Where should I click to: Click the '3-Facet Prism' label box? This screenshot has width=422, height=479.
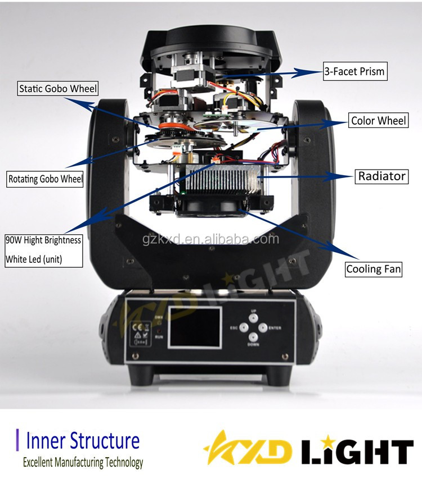point(354,71)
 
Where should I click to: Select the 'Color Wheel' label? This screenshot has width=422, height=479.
point(378,121)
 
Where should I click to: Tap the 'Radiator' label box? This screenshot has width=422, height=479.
point(382,176)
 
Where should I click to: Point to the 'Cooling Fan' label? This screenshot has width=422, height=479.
point(374,269)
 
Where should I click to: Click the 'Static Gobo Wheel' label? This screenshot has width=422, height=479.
point(58,88)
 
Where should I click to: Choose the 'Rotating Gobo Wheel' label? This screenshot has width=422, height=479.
point(46,180)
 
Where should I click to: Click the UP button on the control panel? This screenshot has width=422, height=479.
point(253,318)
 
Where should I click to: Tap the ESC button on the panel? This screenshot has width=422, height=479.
point(243,327)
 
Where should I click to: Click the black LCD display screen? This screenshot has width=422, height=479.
point(194,327)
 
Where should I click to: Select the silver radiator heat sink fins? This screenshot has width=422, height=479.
point(222,179)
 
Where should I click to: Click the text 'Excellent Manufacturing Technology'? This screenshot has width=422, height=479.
point(83,463)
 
